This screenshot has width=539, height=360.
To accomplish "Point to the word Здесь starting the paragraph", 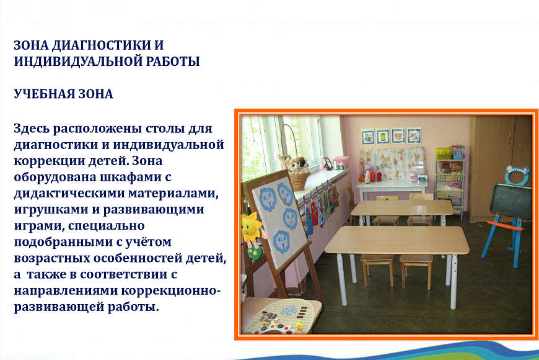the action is tap(32, 128).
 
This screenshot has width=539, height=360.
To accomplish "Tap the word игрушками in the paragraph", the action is tap(46, 209).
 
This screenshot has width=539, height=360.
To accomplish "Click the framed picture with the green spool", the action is tap(383, 137).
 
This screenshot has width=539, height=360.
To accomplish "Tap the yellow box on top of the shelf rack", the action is tap(444, 153).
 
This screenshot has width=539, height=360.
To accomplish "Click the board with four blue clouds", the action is tap(279, 220).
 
